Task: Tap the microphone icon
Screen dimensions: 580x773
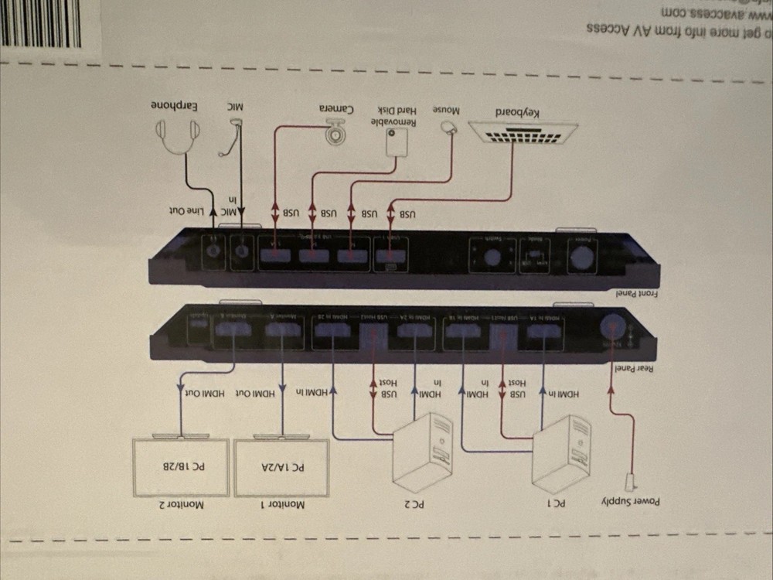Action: (230, 142)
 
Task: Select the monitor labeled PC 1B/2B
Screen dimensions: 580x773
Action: (181, 466)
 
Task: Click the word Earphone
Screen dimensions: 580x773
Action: (177, 104)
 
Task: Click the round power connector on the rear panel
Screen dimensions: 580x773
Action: (613, 326)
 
